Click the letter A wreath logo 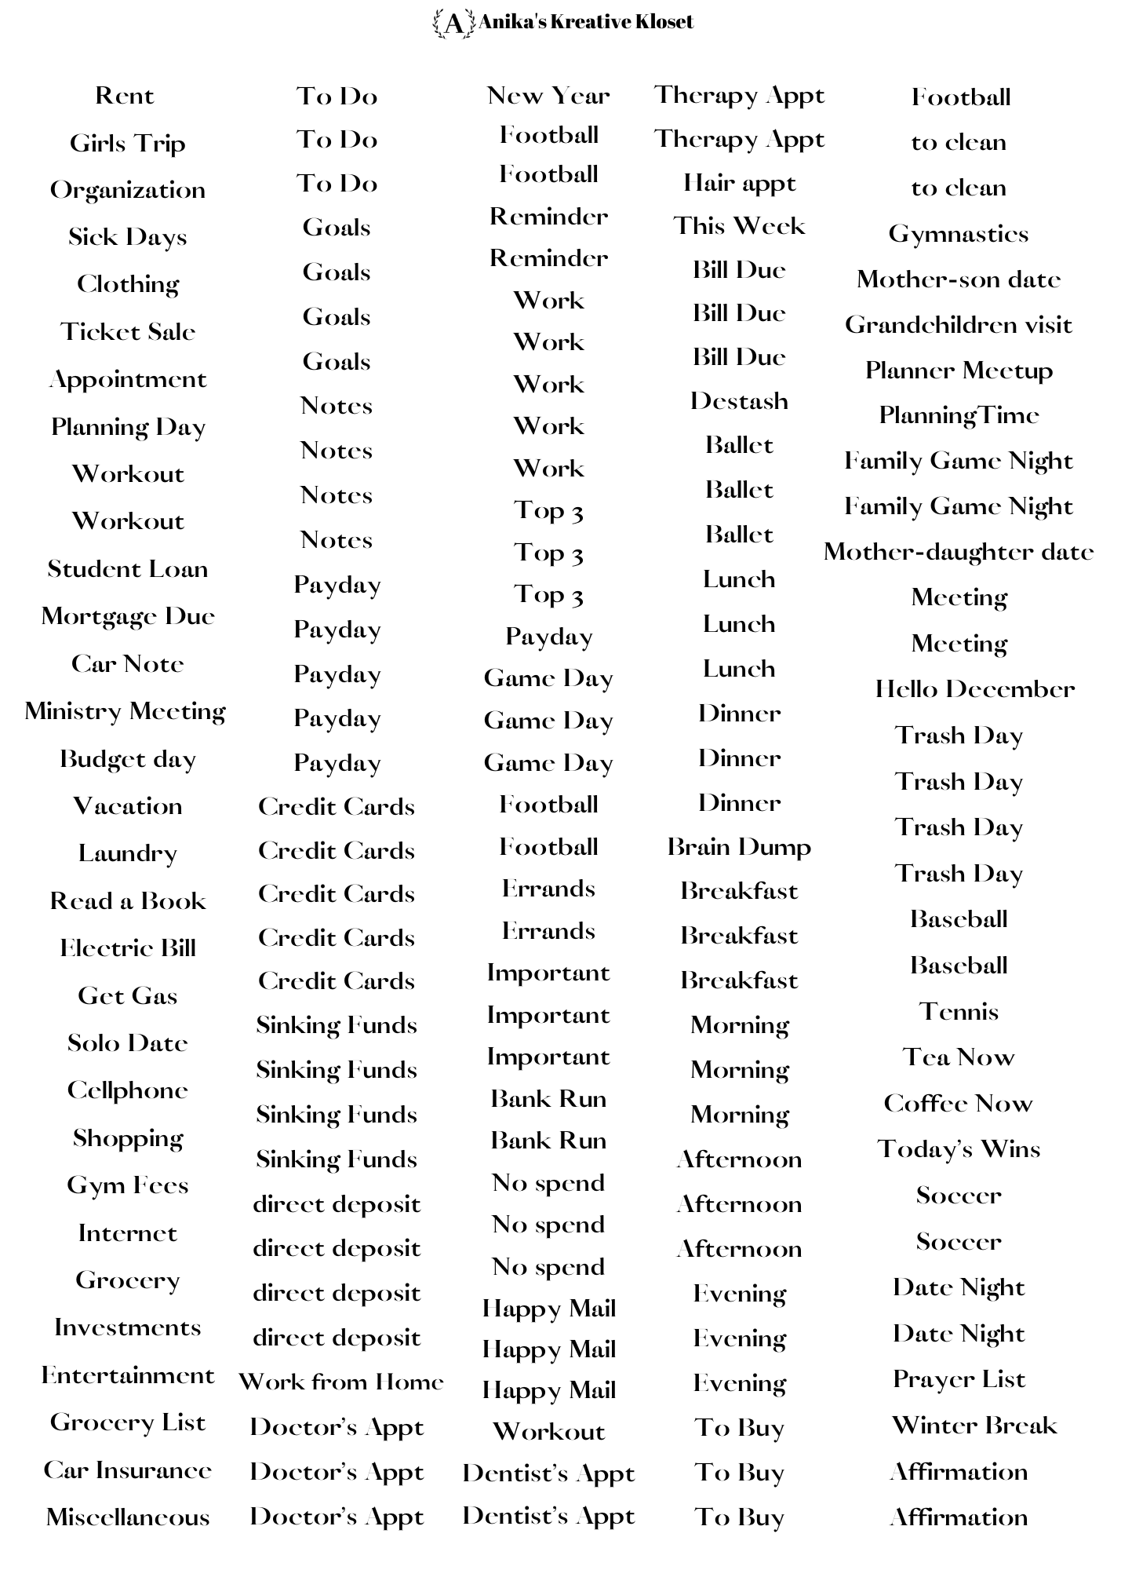point(453,24)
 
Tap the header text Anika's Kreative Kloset point(585,22)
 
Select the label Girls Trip point(127,144)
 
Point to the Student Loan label point(128,568)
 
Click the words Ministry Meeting point(126,711)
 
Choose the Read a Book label point(128,900)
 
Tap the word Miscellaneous point(128,1517)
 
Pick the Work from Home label point(340,1382)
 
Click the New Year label point(548,96)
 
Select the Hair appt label point(739,183)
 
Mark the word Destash point(739,401)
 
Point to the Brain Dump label point(739,847)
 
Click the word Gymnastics point(958,234)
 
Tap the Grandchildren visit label point(958,325)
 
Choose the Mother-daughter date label point(958,552)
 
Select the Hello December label point(974,689)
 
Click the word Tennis point(959,1011)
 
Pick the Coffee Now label point(958,1104)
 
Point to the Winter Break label point(974,1425)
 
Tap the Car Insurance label point(128,1470)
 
